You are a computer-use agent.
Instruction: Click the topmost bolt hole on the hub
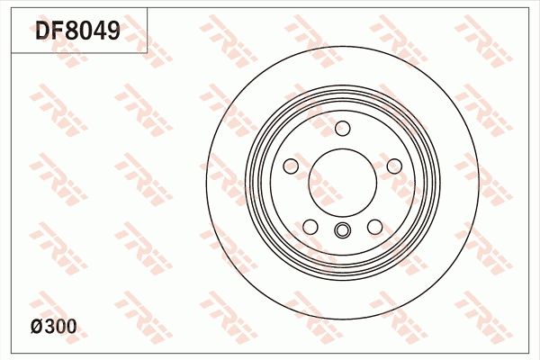[342, 130]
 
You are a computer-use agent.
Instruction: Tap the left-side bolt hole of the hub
[291, 166]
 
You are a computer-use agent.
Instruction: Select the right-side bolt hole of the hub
[393, 166]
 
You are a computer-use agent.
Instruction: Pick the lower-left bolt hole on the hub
[310, 226]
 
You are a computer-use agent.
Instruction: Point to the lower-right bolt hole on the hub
[373, 226]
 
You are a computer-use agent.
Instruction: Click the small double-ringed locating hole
[342, 232]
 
